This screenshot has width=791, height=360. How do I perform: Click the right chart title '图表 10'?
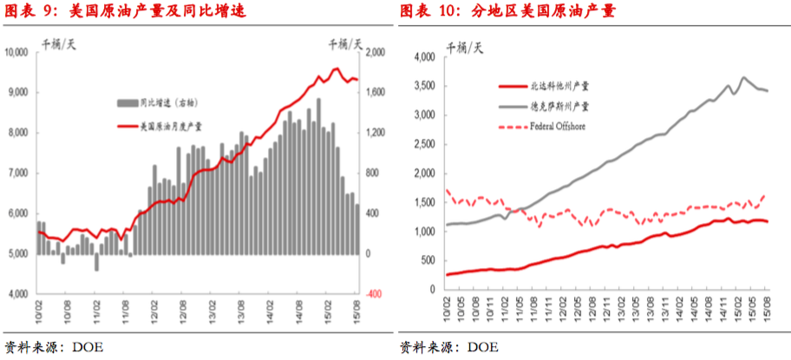pos(427,11)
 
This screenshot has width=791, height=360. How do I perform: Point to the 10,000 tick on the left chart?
pos(17,53)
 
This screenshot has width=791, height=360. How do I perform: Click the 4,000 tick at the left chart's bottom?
pos(19,295)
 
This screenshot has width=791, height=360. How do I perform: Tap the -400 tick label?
pos(374,295)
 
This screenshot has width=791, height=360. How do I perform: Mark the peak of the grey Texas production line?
pos(743,78)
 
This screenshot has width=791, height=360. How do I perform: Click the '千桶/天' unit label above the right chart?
pos(463,45)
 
